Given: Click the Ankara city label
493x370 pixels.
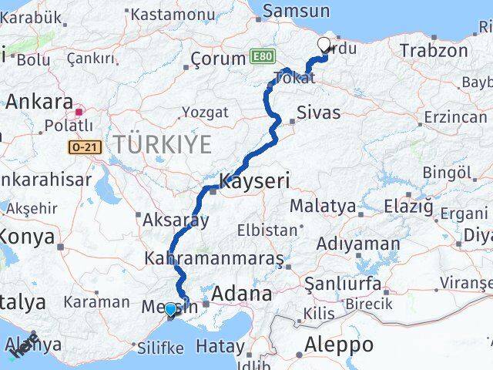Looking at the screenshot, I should [x=39, y=101].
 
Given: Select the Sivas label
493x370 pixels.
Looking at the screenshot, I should [x=318, y=113].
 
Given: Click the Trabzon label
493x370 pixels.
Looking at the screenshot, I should [x=434, y=52].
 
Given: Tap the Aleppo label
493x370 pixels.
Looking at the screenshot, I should [x=339, y=344].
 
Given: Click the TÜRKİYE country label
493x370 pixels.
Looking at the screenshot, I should [x=163, y=143].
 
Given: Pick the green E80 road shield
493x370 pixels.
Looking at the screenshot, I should [x=260, y=58].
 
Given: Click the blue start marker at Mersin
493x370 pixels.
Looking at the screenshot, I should [x=170, y=309].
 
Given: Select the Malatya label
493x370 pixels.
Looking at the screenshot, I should [x=323, y=206].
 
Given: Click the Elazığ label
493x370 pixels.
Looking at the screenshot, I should [x=407, y=206].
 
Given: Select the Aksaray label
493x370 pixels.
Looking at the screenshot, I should [x=176, y=220].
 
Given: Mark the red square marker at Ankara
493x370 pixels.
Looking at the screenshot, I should [x=79, y=112].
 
